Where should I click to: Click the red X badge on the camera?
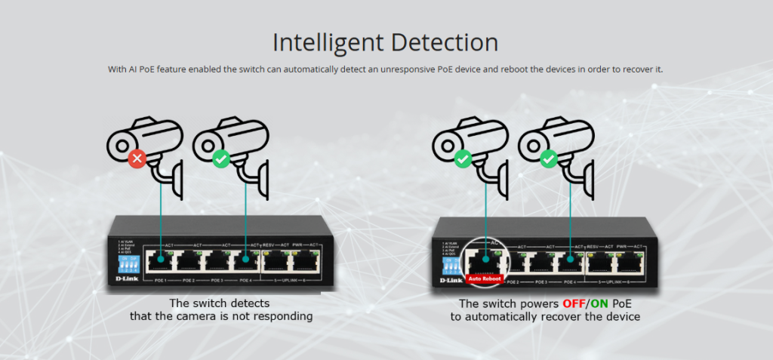click(x=137, y=159)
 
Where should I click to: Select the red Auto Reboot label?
click(x=484, y=278)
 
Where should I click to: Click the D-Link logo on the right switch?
click(x=451, y=280)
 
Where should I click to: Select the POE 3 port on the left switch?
click(x=217, y=260)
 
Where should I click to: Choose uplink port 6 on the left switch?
click(x=304, y=260)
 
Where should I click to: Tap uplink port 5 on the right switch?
click(x=601, y=261)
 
